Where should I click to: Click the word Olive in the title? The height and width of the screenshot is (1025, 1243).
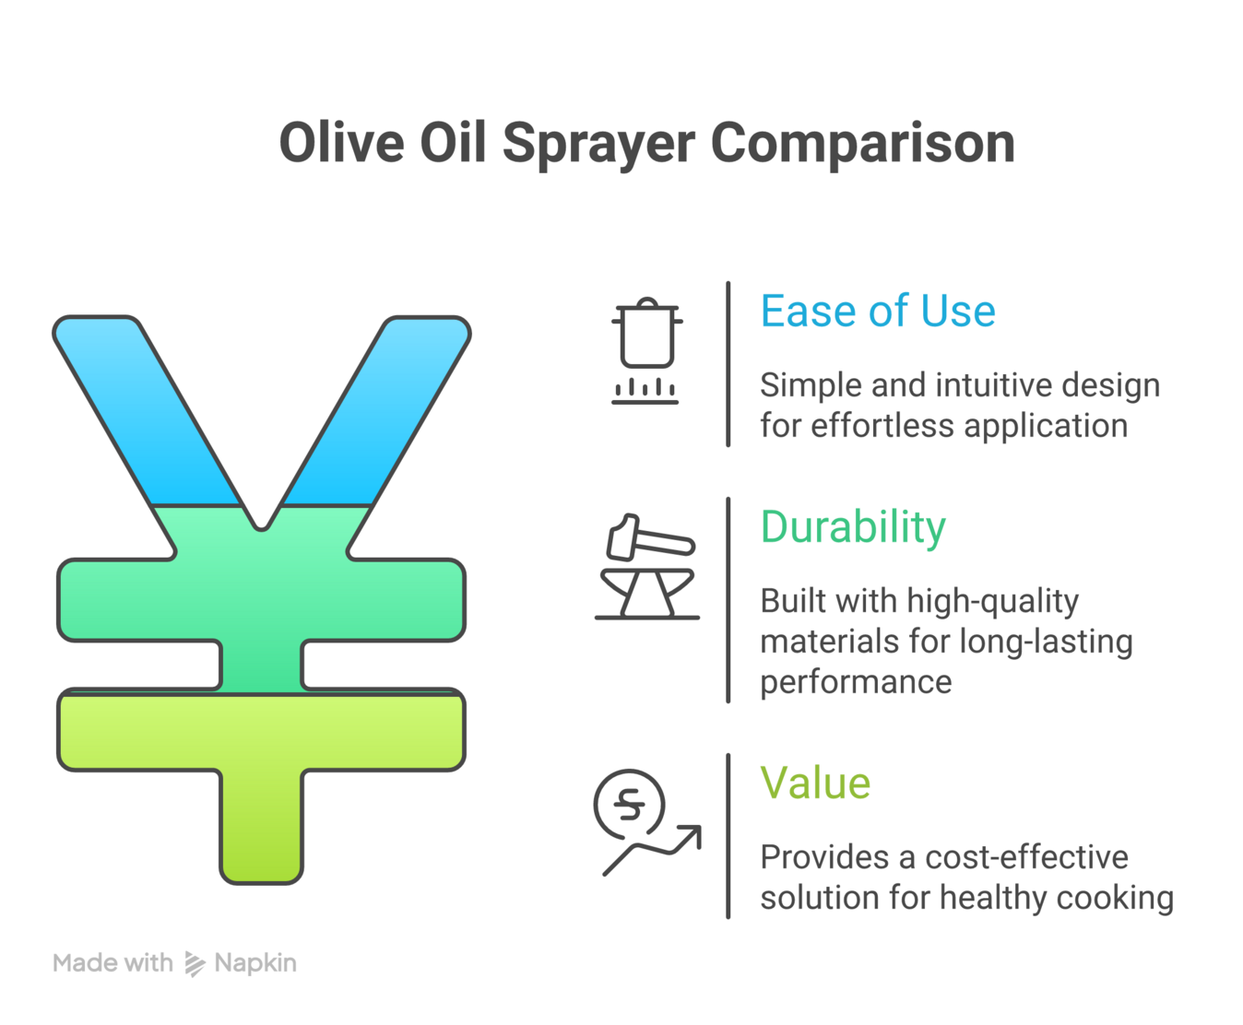[342, 144]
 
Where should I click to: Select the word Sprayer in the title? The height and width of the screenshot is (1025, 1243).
[598, 146]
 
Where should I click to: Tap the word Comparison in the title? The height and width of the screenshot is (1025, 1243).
[863, 144]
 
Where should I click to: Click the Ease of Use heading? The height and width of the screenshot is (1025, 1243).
[878, 312]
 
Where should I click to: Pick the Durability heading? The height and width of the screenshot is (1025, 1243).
[853, 527]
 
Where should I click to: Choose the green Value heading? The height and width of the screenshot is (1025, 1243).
[815, 783]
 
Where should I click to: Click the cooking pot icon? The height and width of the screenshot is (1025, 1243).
[646, 336]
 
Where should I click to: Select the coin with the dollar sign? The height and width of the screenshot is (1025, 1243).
[629, 804]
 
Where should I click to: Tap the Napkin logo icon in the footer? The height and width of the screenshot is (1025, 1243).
[195, 964]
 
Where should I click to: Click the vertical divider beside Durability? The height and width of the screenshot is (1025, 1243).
[728, 600]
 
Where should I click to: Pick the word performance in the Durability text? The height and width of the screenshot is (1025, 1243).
[856, 682]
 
